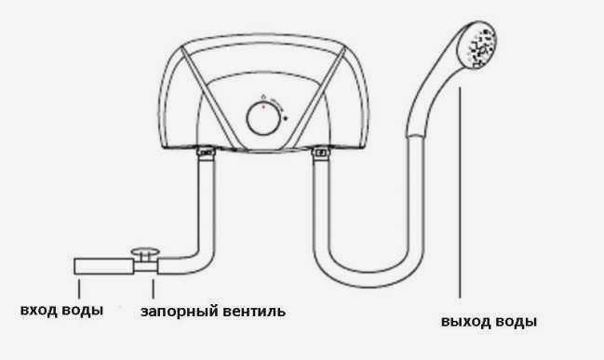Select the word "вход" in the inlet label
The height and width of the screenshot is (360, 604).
pos(38,308)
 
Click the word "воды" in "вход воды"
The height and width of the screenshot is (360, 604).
pos(82,308)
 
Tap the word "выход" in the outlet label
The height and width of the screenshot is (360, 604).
pos(465,323)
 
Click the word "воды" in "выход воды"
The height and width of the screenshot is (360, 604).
pos(515,323)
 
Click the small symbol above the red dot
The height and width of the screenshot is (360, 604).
pos(263,97)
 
